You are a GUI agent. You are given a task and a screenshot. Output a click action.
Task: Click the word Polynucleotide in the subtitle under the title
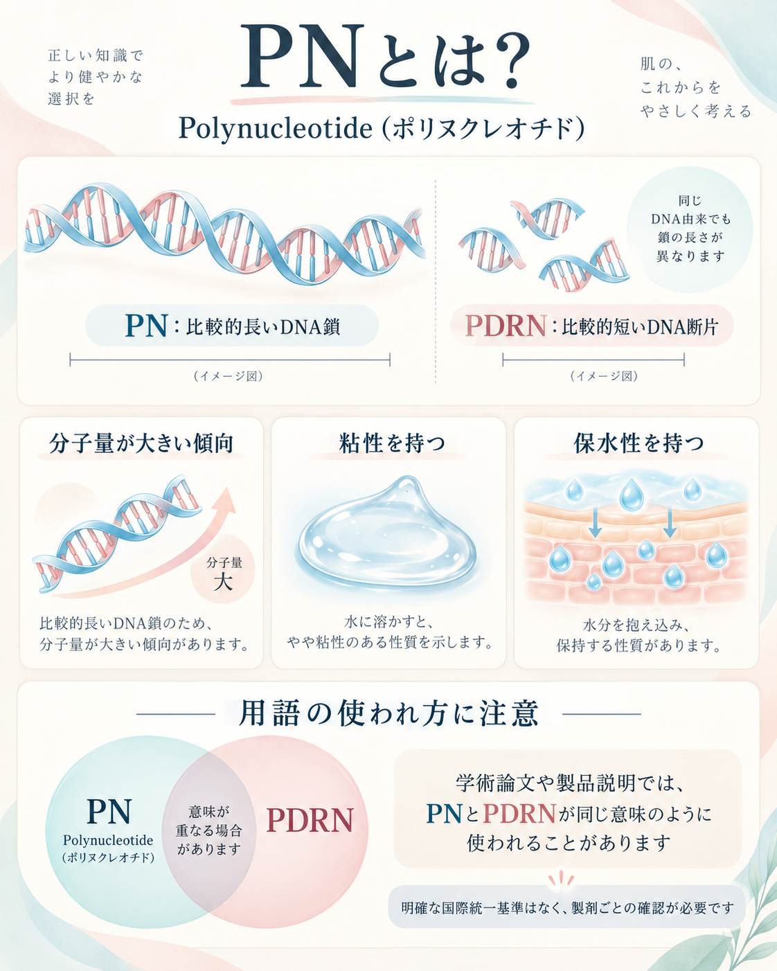tap(275, 129)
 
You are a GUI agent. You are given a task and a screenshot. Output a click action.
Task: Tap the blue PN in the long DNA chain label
tap(146, 326)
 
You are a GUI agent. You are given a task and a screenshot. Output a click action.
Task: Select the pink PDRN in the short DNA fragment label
tap(506, 326)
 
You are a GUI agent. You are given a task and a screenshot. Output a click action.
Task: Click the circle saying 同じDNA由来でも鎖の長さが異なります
tap(690, 229)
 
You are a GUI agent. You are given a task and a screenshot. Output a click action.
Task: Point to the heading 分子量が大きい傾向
tap(141, 443)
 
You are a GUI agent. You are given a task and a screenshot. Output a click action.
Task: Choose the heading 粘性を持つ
tap(392, 443)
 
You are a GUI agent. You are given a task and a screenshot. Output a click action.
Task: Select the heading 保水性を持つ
tap(638, 443)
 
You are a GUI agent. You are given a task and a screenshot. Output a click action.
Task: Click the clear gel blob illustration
tap(386, 535)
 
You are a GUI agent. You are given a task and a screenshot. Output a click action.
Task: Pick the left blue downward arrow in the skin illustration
tap(595, 522)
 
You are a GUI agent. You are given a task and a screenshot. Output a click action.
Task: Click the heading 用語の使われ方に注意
tap(388, 713)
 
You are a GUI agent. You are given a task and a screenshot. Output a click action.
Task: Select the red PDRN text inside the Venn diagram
tap(310, 820)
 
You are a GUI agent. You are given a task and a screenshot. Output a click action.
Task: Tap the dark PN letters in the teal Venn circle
tap(109, 810)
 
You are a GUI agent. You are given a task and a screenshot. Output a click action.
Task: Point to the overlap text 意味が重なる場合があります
tap(208, 830)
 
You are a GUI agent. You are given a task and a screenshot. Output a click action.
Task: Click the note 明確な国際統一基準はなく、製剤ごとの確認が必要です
tap(567, 907)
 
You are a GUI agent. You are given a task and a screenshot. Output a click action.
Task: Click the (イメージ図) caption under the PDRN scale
tap(604, 376)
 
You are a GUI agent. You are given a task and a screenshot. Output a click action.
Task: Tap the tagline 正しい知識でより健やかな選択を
tap(95, 77)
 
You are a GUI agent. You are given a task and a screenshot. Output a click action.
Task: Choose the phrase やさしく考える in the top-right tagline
tap(696, 111)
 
